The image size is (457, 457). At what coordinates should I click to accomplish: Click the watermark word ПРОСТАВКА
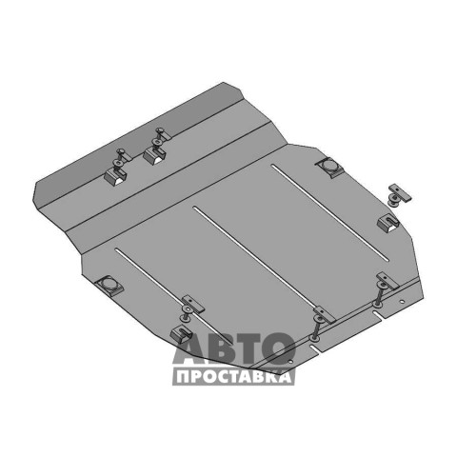pos(234,377)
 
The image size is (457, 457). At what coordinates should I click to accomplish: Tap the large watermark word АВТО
pos(234,348)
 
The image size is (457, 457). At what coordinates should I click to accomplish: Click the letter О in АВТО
pos(278,348)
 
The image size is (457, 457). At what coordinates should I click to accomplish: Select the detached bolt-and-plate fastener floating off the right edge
pos(399,194)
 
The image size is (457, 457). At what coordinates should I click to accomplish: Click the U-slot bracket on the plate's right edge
pos(388,222)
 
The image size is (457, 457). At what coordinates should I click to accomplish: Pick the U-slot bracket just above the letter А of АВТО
pos(181,334)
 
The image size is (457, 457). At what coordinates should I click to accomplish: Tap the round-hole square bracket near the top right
pos(330,168)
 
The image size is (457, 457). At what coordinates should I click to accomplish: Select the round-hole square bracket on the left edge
pos(109,286)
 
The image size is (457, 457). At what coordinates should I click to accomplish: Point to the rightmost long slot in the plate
pos(330,212)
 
